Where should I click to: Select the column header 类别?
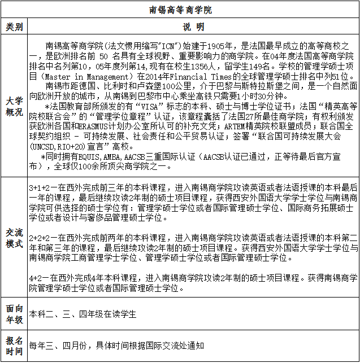click(x=15, y=27)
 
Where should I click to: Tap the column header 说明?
click(x=193, y=27)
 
